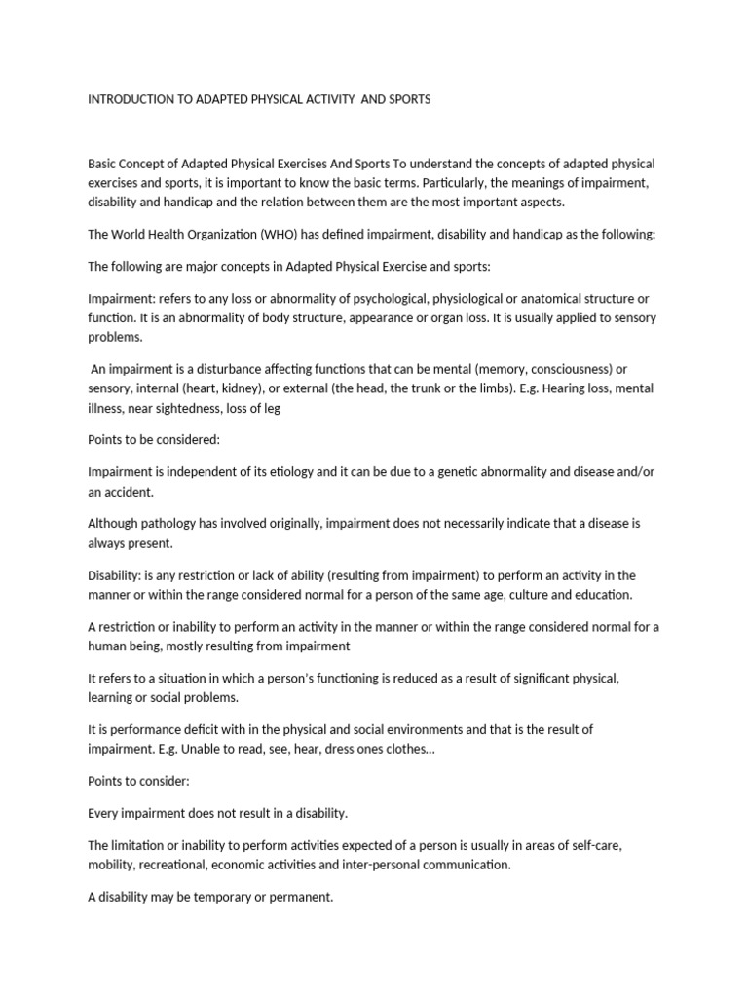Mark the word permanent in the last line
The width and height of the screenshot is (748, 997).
point(302,897)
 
